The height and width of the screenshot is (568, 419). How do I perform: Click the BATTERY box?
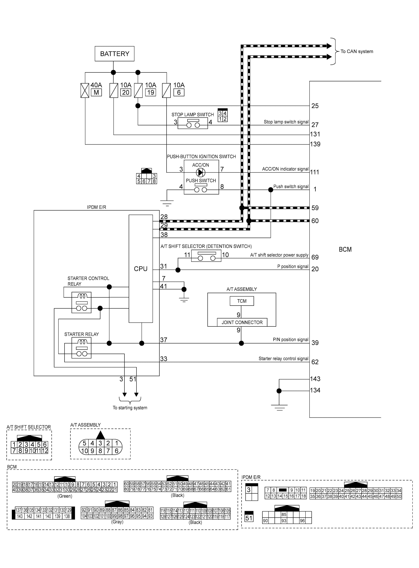(x=114, y=54)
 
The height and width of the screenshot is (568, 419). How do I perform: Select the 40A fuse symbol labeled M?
(x=85, y=90)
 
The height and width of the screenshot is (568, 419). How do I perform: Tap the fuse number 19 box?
(x=151, y=93)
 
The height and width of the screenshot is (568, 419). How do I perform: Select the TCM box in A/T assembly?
(x=242, y=301)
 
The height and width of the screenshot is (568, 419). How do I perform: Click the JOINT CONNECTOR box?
(x=242, y=322)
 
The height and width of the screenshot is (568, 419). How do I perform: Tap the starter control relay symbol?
(x=81, y=302)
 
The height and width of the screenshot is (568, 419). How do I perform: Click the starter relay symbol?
(x=81, y=348)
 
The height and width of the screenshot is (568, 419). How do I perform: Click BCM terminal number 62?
(x=315, y=362)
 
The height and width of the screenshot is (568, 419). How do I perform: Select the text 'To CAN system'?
(x=357, y=51)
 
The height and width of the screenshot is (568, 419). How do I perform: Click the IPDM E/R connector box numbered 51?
(x=249, y=518)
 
